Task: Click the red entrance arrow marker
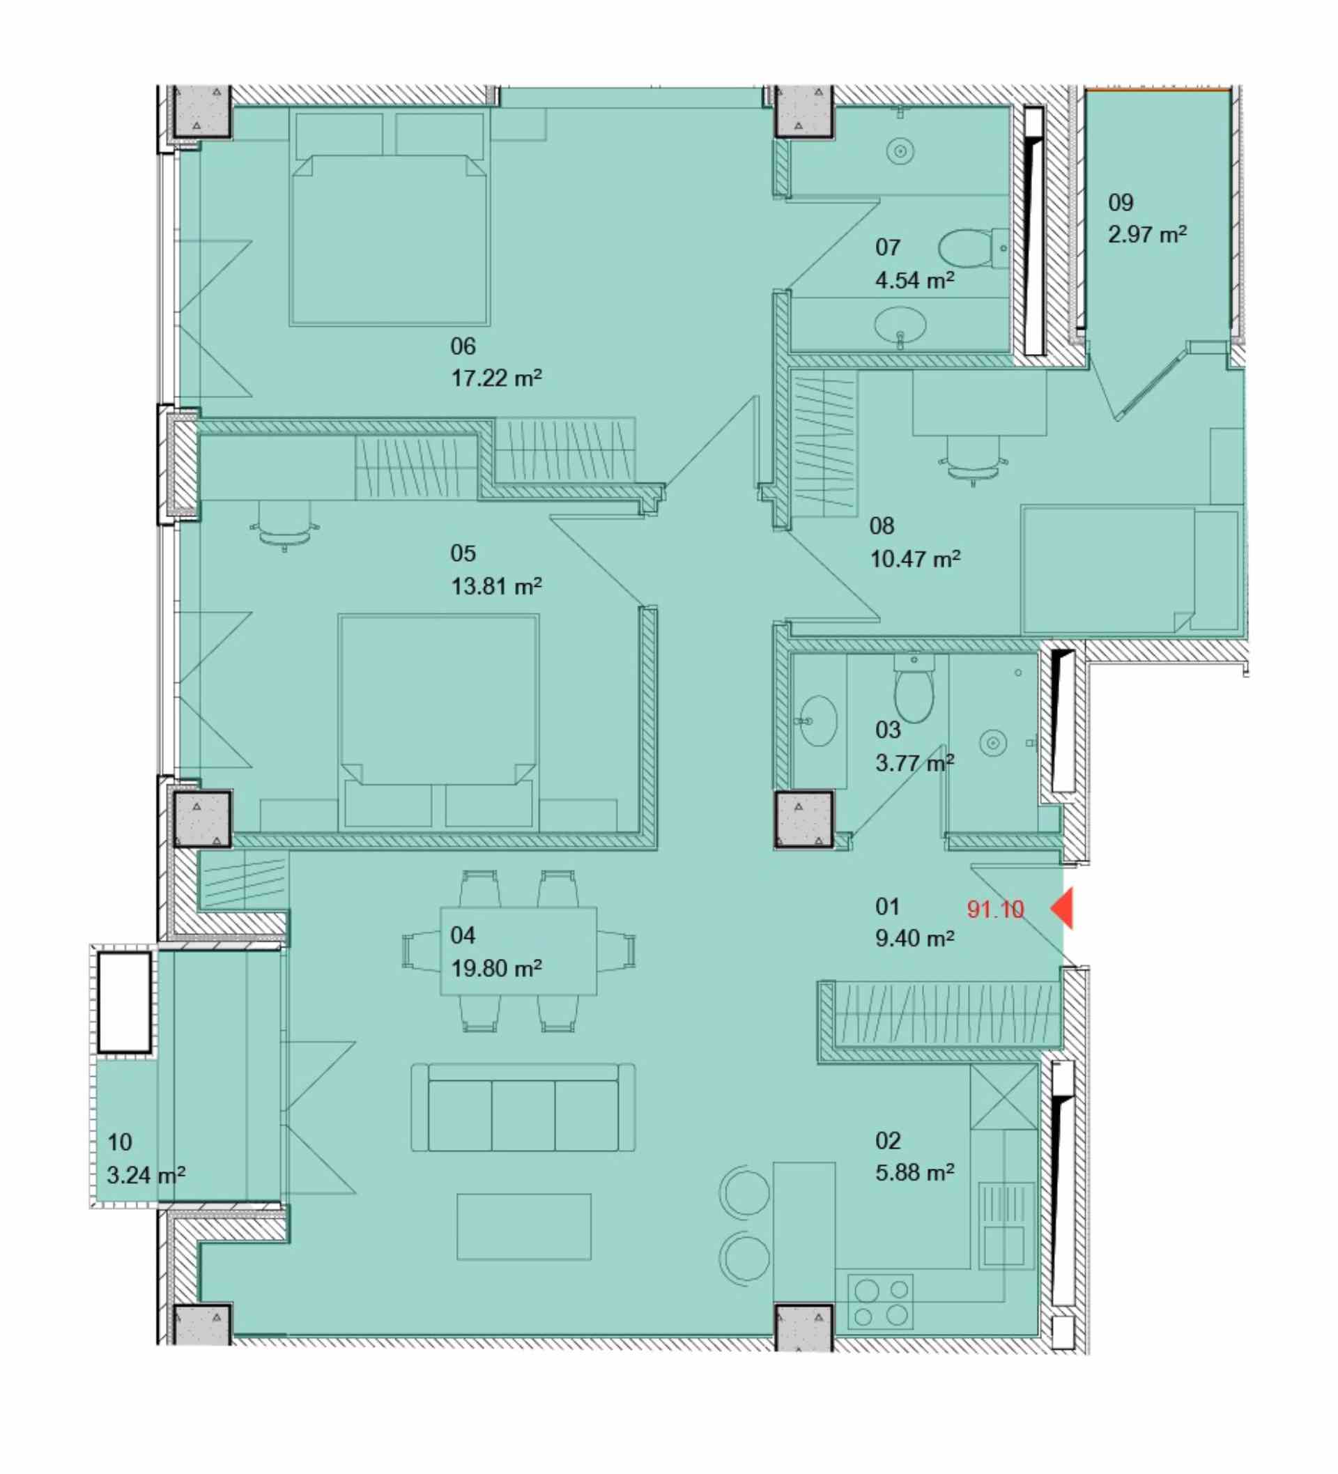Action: (x=1063, y=908)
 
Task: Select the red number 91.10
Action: (x=995, y=909)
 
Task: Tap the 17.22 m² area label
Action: (x=496, y=378)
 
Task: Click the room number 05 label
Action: (x=463, y=553)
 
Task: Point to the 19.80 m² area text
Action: (x=496, y=968)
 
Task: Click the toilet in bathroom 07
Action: (x=972, y=248)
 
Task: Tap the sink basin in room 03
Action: (x=817, y=720)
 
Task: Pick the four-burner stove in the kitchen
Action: (x=880, y=1302)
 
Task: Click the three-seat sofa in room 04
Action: (x=523, y=1107)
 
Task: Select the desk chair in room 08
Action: (x=973, y=461)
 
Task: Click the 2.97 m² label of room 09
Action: (x=1147, y=234)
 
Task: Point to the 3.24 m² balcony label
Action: (x=146, y=1175)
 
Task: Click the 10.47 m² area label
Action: (x=915, y=559)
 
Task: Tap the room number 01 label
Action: (x=887, y=907)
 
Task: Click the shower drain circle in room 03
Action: (x=992, y=744)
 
